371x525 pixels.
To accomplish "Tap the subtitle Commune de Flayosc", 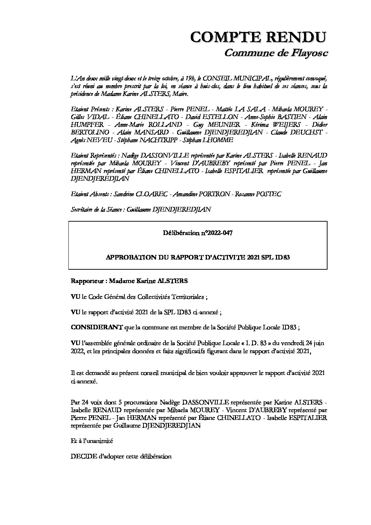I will [x=276, y=53].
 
